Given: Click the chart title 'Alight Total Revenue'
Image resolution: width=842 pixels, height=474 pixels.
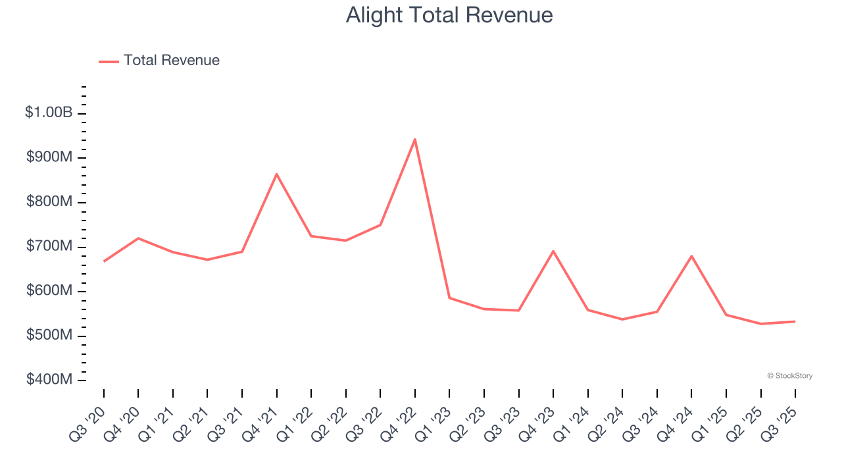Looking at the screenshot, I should pyautogui.click(x=449, y=15).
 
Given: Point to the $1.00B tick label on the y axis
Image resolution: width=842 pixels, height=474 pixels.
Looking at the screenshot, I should pyautogui.click(x=49, y=113).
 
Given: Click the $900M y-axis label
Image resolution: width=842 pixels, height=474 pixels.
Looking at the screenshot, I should pyautogui.click(x=49, y=157).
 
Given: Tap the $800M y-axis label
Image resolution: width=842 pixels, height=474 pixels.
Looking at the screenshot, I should pyautogui.click(x=49, y=201).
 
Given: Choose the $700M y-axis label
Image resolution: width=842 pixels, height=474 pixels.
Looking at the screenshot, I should pyautogui.click(x=49, y=246).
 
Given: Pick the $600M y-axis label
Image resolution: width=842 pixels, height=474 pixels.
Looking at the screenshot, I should pyautogui.click(x=49, y=290).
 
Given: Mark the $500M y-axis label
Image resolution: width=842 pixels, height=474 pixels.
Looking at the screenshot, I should pyautogui.click(x=49, y=335).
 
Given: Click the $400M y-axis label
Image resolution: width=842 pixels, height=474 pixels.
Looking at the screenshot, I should pyautogui.click(x=49, y=380).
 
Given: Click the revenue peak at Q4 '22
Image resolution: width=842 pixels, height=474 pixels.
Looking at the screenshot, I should pyautogui.click(x=415, y=139).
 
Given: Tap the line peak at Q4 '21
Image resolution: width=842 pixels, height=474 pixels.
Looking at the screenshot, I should pyautogui.click(x=277, y=174).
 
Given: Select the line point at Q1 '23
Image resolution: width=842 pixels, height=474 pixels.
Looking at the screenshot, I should pyautogui.click(x=449, y=298).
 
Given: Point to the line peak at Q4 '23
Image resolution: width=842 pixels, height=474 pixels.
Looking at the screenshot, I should pyautogui.click(x=553, y=251).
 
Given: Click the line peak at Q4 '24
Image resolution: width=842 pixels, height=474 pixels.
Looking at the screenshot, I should pyautogui.click(x=691, y=255).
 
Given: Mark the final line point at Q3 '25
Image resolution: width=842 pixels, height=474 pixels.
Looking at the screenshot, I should pyautogui.click(x=795, y=321).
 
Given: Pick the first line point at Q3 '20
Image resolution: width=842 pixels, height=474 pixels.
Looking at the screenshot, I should pyautogui.click(x=104, y=261).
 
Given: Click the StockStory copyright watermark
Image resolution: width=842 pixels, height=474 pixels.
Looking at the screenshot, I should pyautogui.click(x=789, y=376).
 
